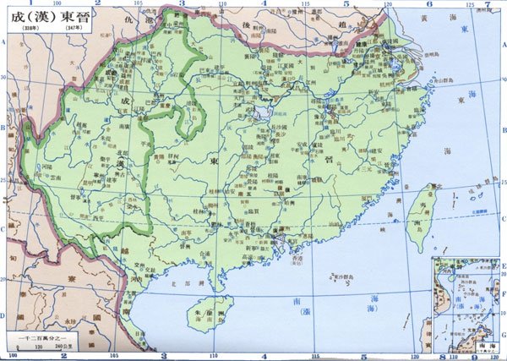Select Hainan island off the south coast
point(207,309)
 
